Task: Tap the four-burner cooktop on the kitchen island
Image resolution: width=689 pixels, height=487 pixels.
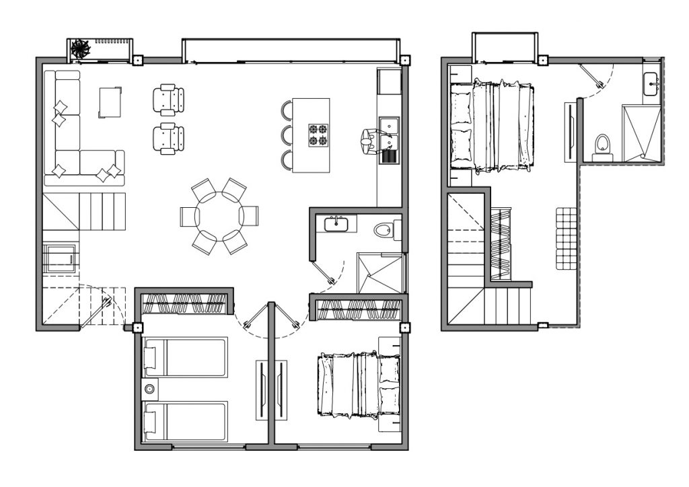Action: coord(318,135)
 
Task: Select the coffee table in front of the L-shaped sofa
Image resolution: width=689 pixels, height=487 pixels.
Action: coord(110,102)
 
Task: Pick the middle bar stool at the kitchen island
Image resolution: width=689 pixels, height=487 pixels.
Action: coord(287,135)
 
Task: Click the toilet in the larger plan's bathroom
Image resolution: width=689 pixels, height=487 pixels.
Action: coord(384,230)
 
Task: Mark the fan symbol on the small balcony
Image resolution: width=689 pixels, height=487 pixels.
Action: coord(81,48)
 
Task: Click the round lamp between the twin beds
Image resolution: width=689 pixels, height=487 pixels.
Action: coord(149,388)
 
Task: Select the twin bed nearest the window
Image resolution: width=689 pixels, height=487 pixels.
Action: coord(186,421)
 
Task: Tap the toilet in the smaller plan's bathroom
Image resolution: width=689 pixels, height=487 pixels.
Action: coord(602,145)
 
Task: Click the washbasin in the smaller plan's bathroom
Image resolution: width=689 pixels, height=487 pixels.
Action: coord(651,85)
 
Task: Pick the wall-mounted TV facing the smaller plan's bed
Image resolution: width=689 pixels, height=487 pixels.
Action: coord(571,130)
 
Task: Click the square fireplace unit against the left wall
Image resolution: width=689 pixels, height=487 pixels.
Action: coord(60,258)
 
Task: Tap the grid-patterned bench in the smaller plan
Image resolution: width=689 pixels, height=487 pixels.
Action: coord(567,238)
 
